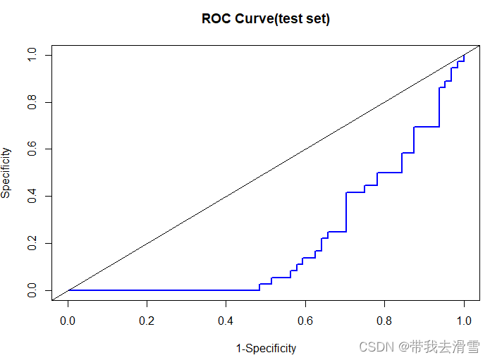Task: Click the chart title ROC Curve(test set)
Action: pyautogui.click(x=266, y=19)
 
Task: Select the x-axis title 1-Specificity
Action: pyautogui.click(x=266, y=348)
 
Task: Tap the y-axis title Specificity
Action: pyautogui.click(x=6, y=173)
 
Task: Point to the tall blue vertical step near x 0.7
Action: pyautogui.click(x=346, y=211)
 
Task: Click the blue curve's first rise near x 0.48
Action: pyautogui.click(x=259, y=287)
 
